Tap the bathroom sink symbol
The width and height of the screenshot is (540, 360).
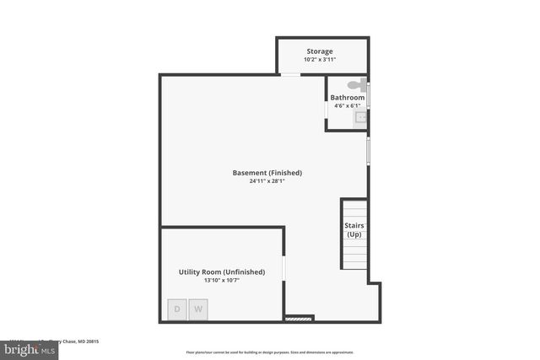tap(361, 118)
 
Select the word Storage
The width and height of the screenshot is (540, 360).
tap(319, 51)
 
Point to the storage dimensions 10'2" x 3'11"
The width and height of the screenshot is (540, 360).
tap(319, 60)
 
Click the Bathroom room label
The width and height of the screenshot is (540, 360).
tap(348, 98)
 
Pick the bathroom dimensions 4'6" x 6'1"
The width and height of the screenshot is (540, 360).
tap(348, 106)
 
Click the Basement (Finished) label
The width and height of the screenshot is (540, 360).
tap(267, 173)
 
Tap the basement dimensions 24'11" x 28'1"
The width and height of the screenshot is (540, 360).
tap(267, 181)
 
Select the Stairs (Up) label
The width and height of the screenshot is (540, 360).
tap(354, 229)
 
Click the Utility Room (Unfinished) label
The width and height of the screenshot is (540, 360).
tap(222, 271)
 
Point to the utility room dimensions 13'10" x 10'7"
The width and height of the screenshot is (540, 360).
tap(222, 281)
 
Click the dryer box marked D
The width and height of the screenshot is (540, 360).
tap(177, 309)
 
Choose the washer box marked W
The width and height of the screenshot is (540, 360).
tap(199, 309)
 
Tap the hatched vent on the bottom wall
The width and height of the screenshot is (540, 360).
tap(299, 319)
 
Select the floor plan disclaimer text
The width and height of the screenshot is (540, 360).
tap(269, 352)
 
